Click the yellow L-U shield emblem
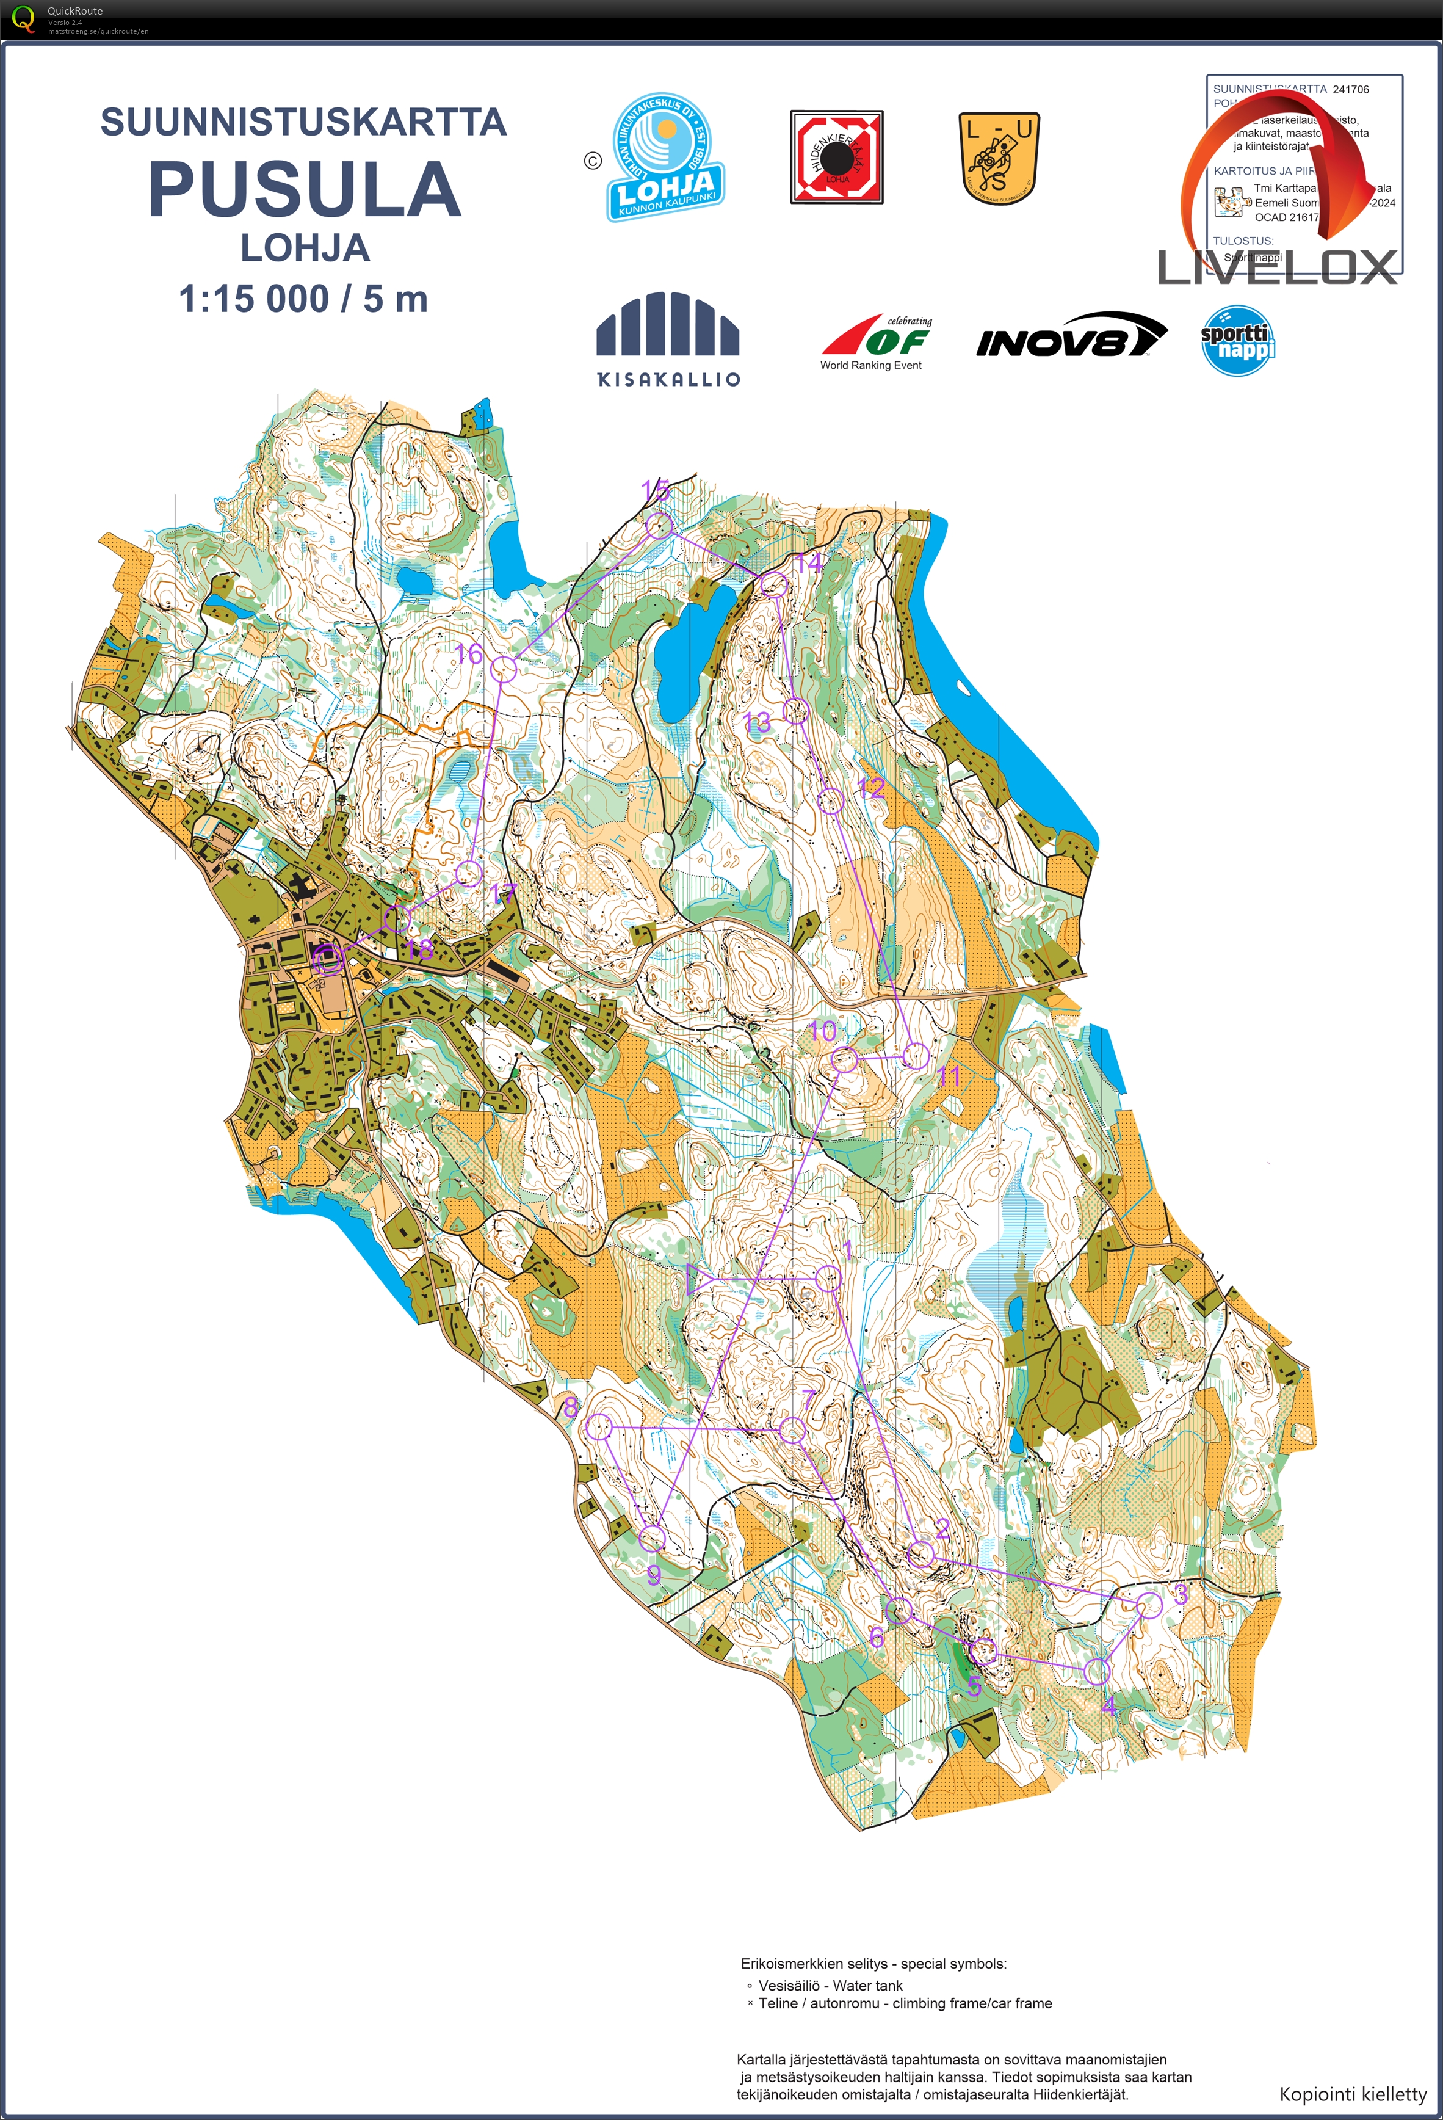(1000, 158)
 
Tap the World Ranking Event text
(870, 366)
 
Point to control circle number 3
(1150, 1605)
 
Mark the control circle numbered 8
(598, 1427)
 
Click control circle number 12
(830, 801)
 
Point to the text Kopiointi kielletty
(1352, 2094)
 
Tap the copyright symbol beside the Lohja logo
(593, 161)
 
